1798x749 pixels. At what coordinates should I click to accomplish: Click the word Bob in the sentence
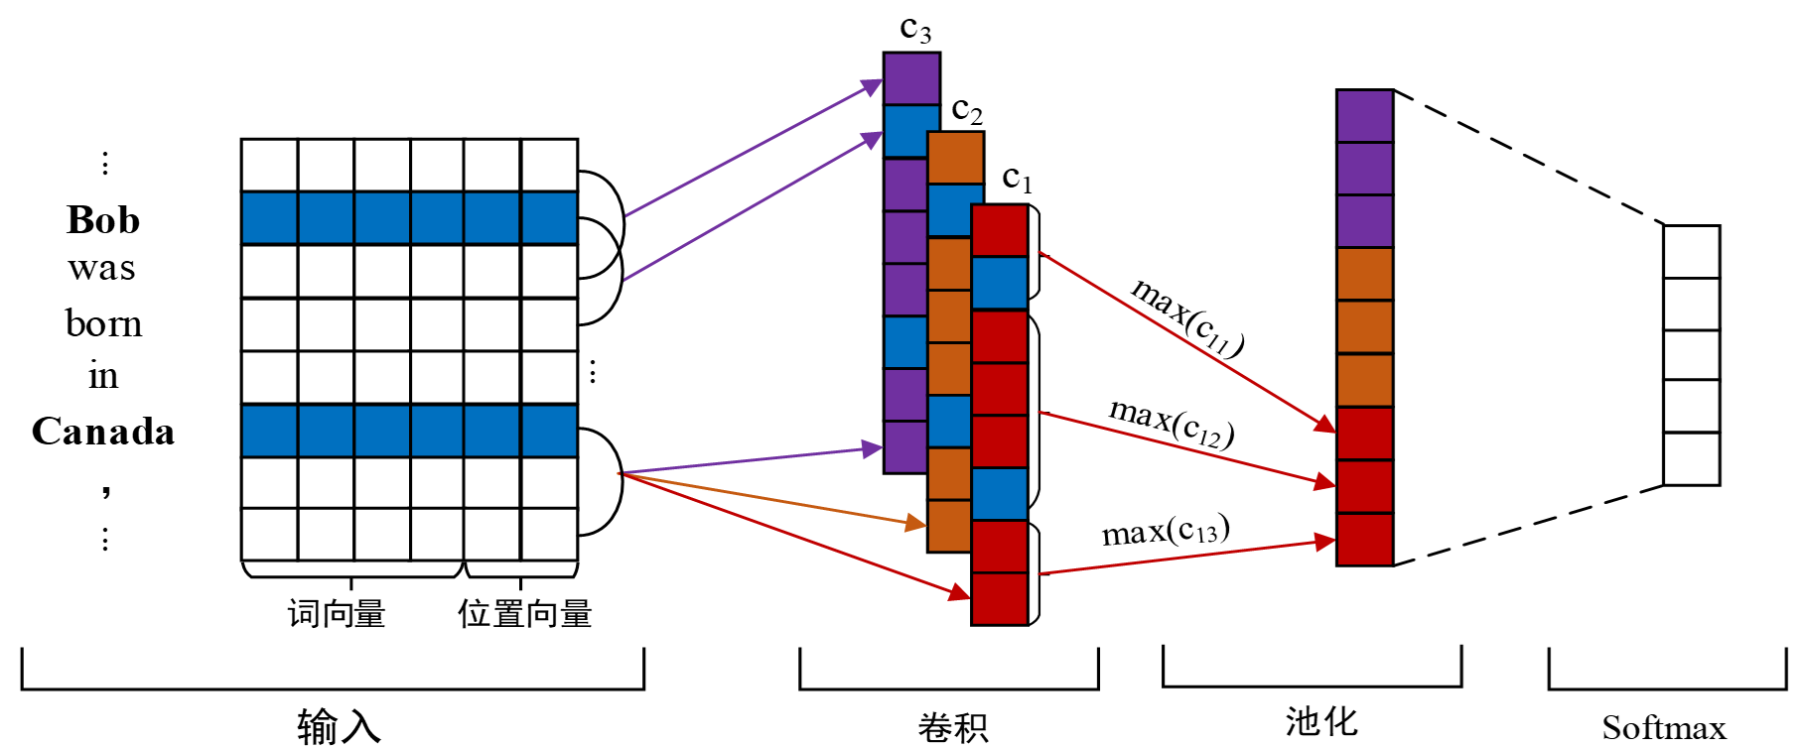click(103, 220)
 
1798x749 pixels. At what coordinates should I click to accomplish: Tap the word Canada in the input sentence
click(103, 432)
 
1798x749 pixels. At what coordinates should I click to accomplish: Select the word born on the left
click(103, 323)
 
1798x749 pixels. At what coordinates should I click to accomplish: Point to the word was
click(102, 268)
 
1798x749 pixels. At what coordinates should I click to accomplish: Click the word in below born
click(103, 376)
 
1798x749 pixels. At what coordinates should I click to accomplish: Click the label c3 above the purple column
click(915, 29)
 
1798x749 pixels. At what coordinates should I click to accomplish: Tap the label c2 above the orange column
click(966, 109)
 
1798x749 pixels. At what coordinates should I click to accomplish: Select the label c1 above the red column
click(1017, 179)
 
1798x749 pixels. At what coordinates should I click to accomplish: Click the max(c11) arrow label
click(1187, 316)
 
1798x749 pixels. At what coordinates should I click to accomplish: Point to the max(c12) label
click(1172, 422)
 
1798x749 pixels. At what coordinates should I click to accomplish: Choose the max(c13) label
click(1166, 531)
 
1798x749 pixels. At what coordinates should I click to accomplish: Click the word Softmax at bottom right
click(1664, 728)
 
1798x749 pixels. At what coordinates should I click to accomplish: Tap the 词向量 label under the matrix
click(337, 614)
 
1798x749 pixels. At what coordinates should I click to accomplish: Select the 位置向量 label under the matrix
click(524, 614)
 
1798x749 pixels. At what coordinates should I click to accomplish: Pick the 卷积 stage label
click(953, 728)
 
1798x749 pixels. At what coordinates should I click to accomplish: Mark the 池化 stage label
click(1321, 722)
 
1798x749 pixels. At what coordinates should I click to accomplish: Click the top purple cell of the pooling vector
click(1364, 116)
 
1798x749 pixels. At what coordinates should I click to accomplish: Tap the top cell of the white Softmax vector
click(1691, 251)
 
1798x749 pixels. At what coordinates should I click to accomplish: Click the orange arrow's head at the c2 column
click(919, 523)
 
